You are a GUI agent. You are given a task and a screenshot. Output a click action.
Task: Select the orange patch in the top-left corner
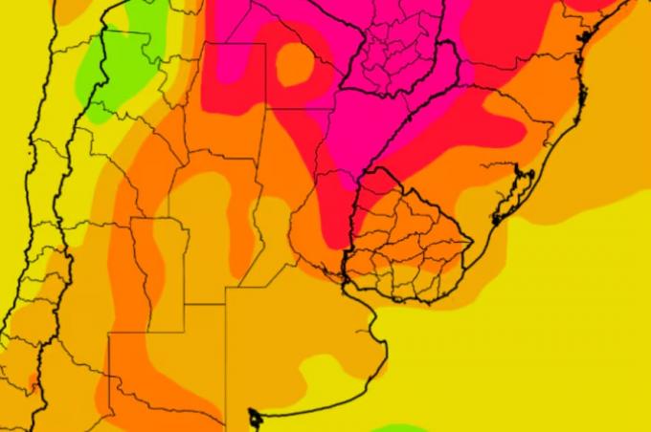coord(67,10)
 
